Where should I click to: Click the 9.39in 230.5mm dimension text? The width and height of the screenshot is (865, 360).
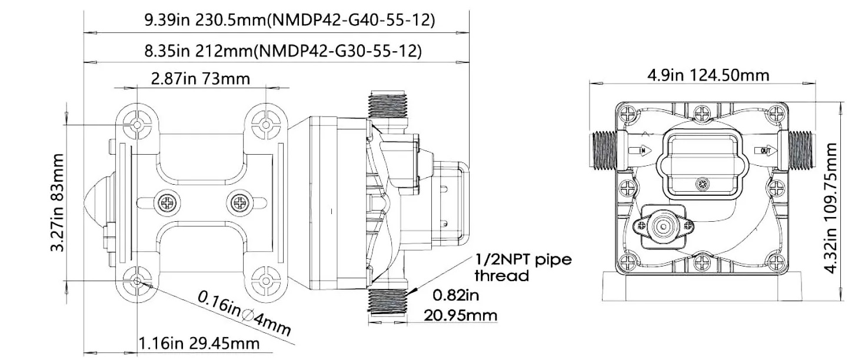pyautogui.click(x=290, y=20)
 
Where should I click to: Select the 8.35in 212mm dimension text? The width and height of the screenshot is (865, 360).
pyautogui.click(x=283, y=51)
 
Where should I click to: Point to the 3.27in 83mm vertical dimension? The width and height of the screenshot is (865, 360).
pyautogui.click(x=57, y=202)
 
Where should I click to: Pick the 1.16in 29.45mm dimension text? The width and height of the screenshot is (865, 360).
pyautogui.click(x=198, y=343)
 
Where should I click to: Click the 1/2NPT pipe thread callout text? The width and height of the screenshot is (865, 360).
pyautogui.click(x=523, y=266)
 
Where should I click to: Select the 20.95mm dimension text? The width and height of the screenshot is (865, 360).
pyautogui.click(x=461, y=315)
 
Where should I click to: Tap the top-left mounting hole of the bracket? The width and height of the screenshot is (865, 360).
pyautogui.click(x=138, y=125)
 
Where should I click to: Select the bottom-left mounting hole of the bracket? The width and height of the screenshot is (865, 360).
pyautogui.click(x=138, y=281)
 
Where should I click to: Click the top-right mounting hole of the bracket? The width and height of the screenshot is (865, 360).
pyautogui.click(x=265, y=125)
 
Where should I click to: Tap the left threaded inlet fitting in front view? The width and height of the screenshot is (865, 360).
pyautogui.click(x=601, y=151)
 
